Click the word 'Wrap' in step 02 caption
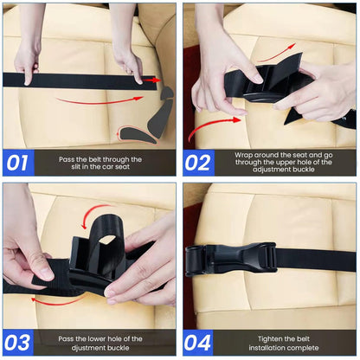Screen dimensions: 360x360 (245, 156)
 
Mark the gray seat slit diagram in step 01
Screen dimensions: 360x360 (147, 117)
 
